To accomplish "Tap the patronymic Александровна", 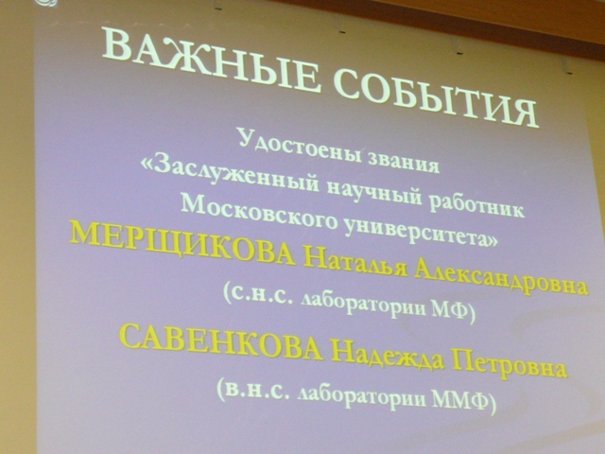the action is pyautogui.click(x=501, y=280).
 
